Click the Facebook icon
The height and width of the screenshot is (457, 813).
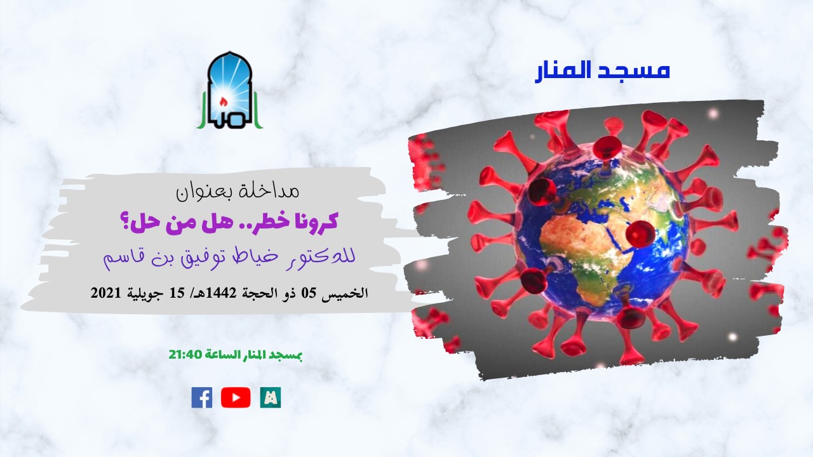tap(202, 397)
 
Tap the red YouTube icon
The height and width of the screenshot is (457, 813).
tap(236, 397)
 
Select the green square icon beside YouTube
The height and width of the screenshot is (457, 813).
tap(271, 397)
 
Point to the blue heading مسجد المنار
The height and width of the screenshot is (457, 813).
tap(602, 70)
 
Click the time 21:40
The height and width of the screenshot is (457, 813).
tap(185, 355)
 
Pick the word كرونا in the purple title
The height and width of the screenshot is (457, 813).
tap(315, 223)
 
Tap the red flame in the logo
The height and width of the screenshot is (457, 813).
tap(223, 101)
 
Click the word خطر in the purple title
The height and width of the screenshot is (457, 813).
tap(267, 223)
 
